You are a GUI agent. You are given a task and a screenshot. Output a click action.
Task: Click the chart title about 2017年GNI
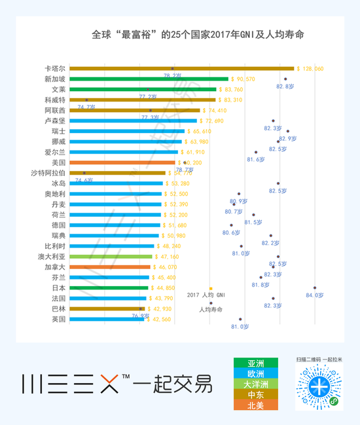point(190,33)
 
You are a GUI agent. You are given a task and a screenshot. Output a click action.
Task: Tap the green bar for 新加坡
point(149,79)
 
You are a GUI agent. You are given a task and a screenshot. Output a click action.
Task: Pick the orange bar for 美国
point(122,162)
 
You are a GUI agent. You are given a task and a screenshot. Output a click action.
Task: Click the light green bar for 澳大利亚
point(110,256)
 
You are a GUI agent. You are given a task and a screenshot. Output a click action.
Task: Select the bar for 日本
point(109,287)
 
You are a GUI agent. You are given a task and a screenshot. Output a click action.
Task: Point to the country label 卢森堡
point(54,120)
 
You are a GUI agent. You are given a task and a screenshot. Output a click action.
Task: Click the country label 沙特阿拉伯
point(48,173)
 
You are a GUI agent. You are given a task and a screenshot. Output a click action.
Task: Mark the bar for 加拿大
point(110,267)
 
